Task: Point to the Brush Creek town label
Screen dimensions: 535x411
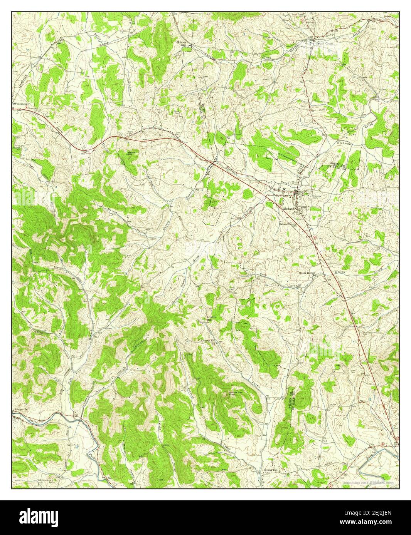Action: coord(325,43)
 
